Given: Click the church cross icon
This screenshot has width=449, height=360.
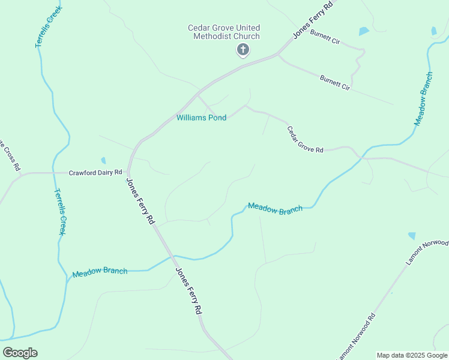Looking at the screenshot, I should point(243,50).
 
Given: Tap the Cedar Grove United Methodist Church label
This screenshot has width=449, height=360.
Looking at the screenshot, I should point(224,32).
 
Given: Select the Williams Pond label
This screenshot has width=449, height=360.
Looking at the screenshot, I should point(201,118).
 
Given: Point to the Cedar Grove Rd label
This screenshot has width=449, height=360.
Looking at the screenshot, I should point(305,139).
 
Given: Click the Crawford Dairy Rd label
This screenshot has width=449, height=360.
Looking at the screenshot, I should point(95,172).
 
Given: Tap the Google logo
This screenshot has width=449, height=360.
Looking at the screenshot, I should point(20,353).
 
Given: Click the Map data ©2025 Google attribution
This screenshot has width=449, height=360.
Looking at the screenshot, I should point(412,355).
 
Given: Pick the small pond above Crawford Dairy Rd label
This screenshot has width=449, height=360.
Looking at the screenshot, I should point(104,161).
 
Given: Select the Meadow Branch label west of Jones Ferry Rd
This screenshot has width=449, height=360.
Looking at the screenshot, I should point(100,272).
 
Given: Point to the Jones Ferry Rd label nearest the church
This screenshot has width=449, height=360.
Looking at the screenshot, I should point(312,20).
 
